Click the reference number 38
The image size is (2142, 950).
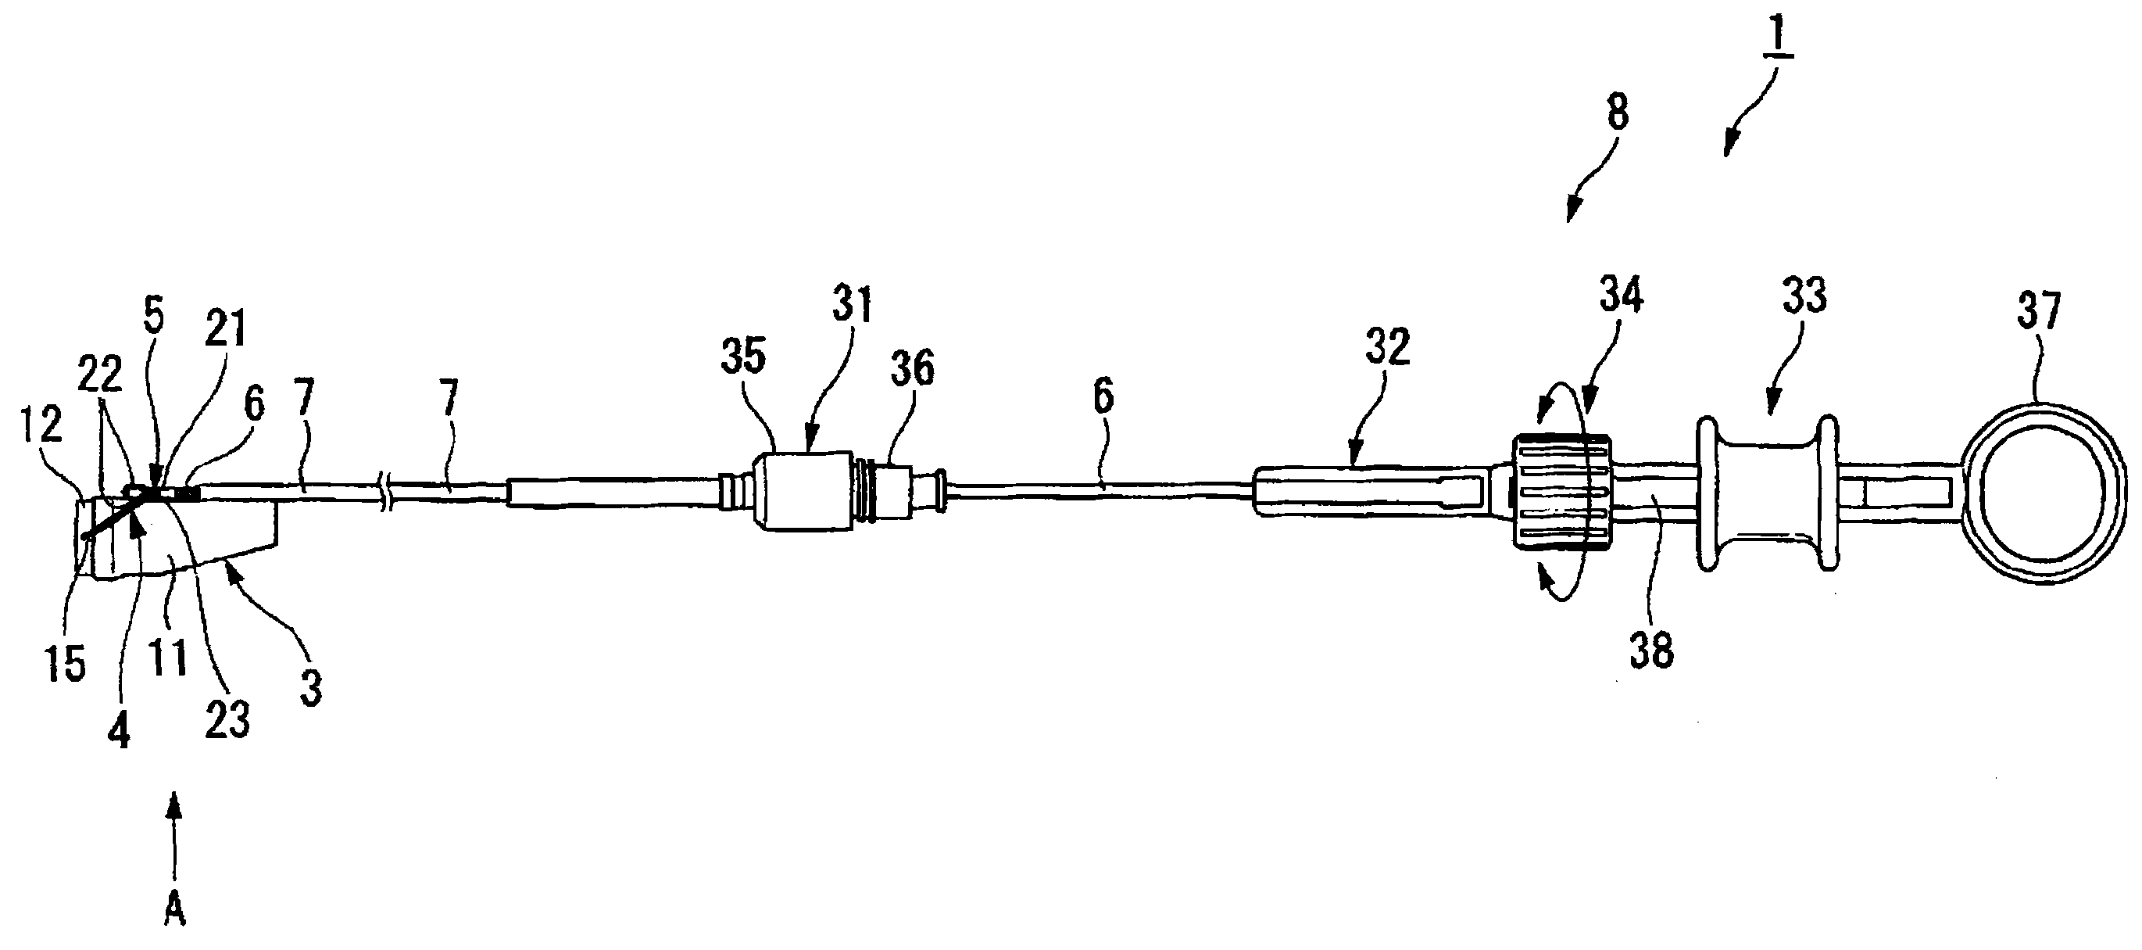click(1651, 651)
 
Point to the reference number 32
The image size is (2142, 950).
click(1388, 347)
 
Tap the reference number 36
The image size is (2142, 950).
click(911, 367)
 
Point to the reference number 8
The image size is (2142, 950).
click(1618, 113)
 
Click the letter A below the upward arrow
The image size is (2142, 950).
click(174, 912)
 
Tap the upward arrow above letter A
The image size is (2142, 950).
click(174, 836)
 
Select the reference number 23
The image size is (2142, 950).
click(228, 719)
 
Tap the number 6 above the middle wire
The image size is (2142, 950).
click(1103, 396)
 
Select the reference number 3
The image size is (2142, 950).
click(311, 688)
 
